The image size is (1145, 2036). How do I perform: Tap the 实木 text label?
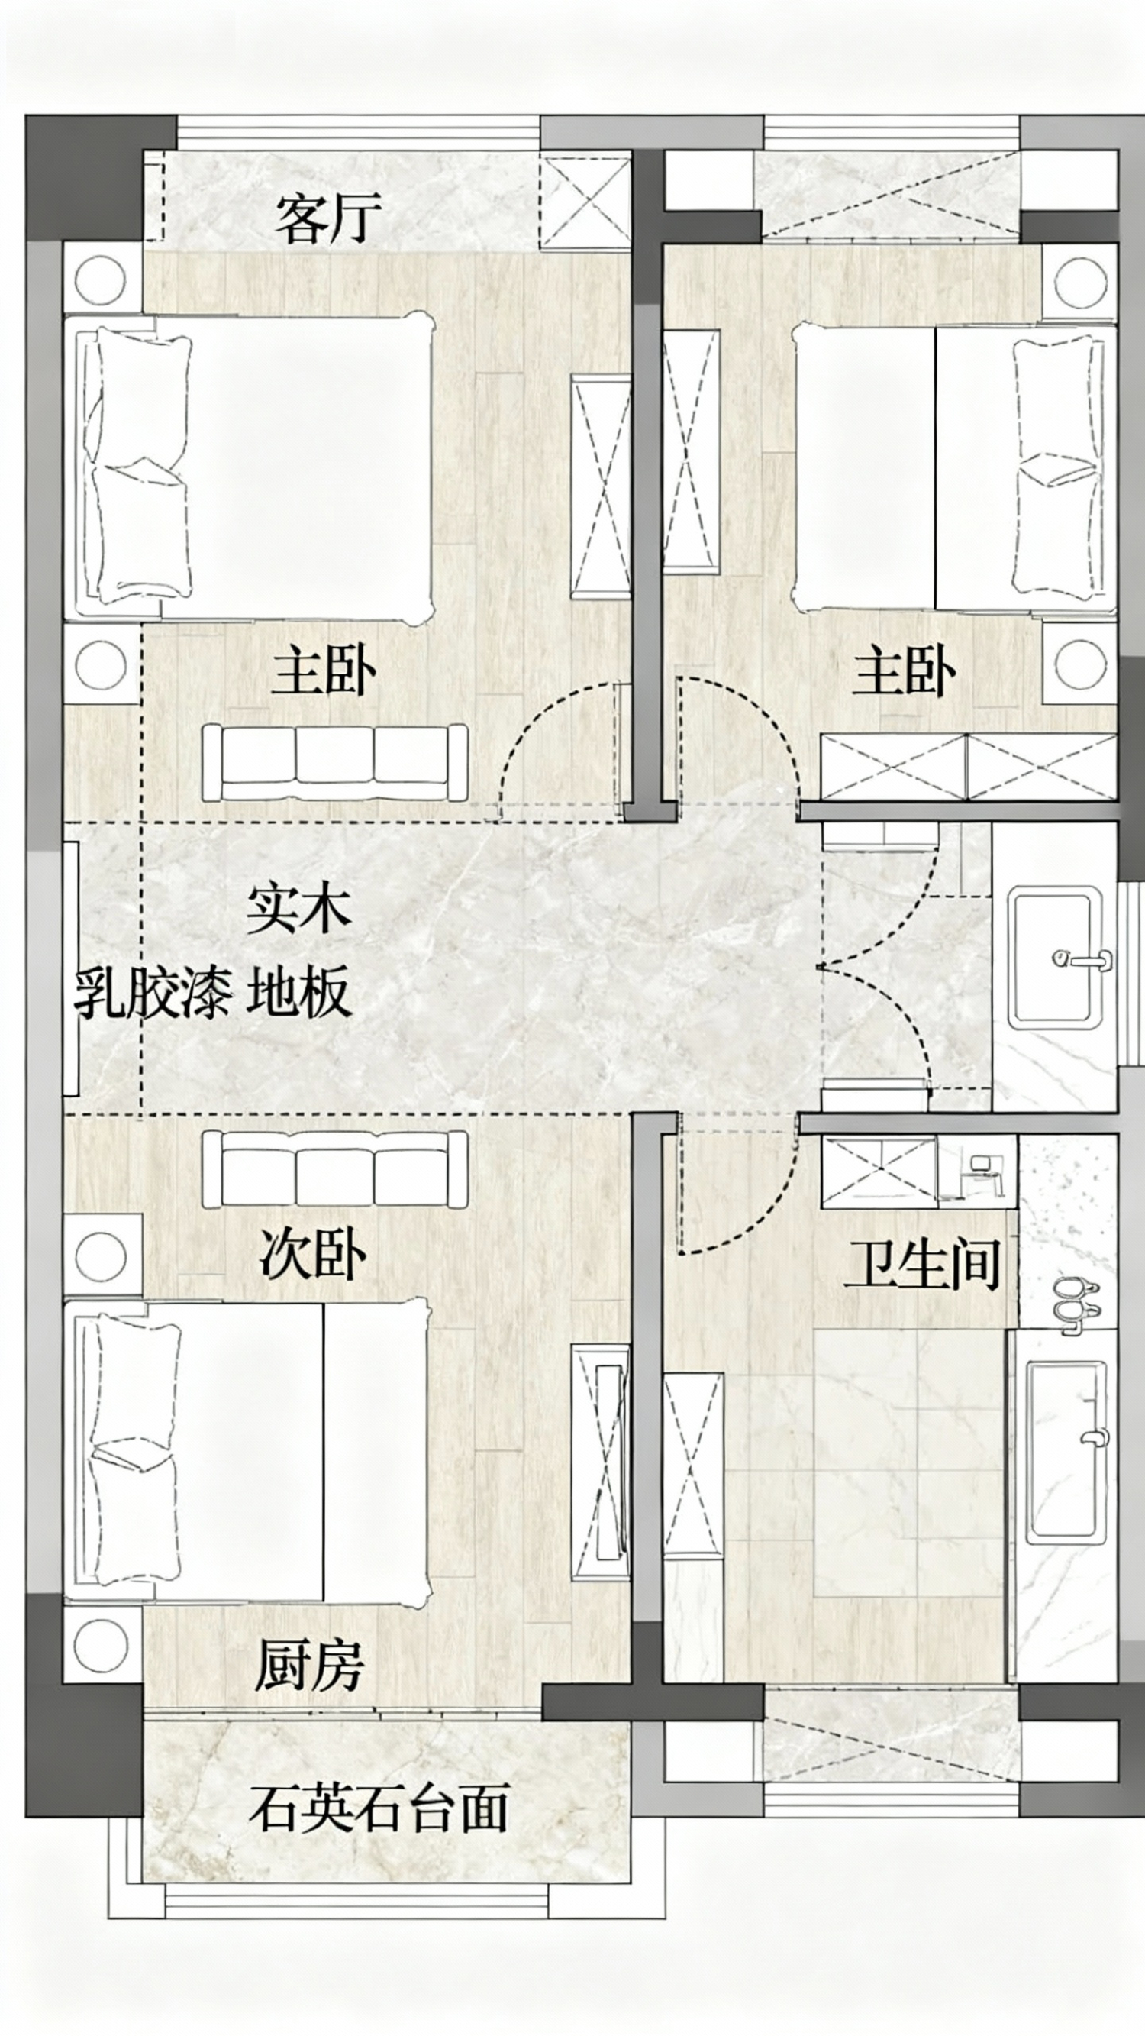(x=298, y=909)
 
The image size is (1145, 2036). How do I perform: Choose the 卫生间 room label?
(x=922, y=1264)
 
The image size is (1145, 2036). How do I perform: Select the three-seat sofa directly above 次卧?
(x=334, y=1169)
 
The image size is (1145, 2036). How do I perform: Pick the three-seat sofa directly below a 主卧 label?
(x=334, y=763)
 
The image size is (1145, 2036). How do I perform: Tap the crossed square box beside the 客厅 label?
(x=585, y=201)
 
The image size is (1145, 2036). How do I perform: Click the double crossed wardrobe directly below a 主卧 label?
(x=969, y=767)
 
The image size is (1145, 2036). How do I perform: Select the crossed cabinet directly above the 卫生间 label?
(x=878, y=1172)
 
